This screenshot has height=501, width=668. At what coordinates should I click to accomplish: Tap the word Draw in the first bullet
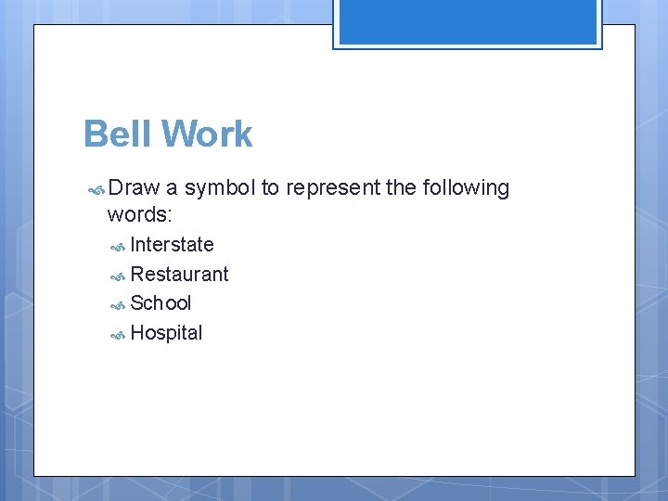[134, 188]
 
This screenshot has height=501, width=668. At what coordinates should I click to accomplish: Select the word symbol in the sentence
[220, 188]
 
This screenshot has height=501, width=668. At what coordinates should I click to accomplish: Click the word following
[466, 188]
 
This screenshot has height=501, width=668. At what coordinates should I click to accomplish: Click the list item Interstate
[172, 245]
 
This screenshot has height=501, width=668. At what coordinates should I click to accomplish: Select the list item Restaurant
[179, 275]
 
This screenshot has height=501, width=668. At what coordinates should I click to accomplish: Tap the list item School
[161, 303]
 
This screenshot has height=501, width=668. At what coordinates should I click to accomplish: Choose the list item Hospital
[166, 333]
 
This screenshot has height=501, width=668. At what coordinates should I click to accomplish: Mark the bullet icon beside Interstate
[118, 247]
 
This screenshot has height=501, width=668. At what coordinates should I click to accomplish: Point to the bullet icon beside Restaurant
[118, 276]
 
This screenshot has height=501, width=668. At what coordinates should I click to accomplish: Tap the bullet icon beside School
[118, 305]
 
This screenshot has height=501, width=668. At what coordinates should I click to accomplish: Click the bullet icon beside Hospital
[118, 335]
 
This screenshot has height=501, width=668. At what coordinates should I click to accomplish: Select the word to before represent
[270, 188]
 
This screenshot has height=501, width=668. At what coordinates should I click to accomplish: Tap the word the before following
[401, 188]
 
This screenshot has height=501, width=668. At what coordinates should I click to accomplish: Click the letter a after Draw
[173, 188]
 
